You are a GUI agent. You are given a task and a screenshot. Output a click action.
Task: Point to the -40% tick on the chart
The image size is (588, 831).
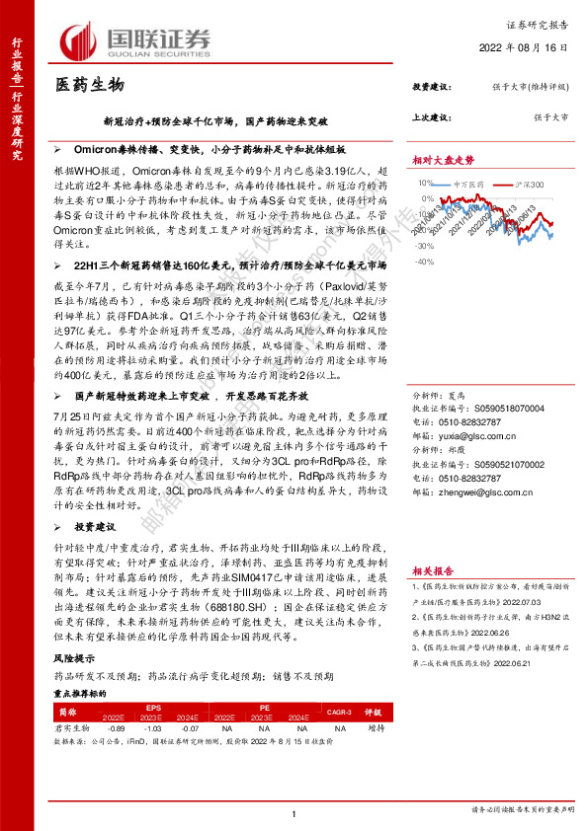pyautogui.click(x=422, y=262)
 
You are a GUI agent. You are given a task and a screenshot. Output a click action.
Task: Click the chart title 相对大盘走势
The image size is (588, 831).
pyautogui.click(x=444, y=159)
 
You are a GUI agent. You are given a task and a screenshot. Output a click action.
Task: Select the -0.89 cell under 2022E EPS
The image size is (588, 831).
pyautogui.click(x=113, y=725)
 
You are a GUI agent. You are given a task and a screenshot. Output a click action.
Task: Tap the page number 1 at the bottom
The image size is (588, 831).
pyautogui.click(x=294, y=812)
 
